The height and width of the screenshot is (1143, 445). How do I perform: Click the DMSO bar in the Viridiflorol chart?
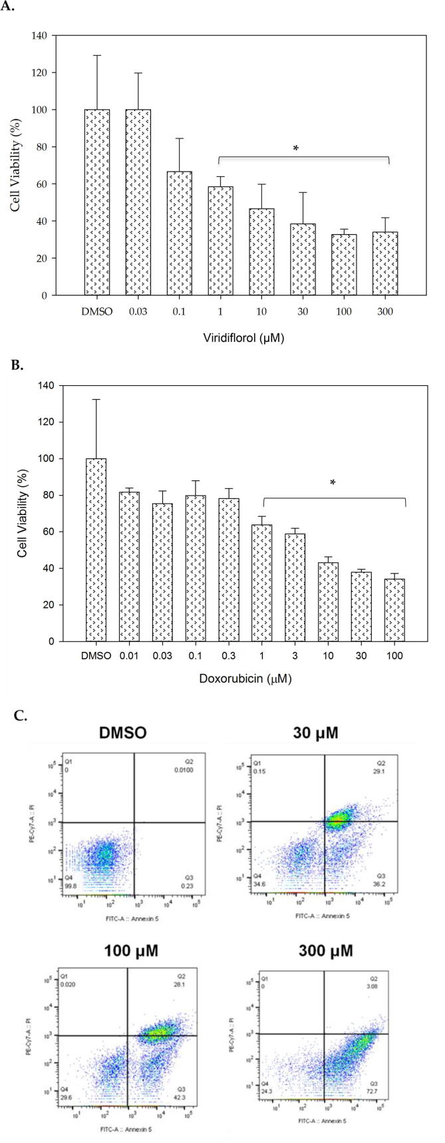coord(97,202)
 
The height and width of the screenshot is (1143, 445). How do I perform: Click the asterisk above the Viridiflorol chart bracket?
coord(296,149)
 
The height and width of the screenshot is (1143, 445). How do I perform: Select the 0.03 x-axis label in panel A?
coord(138,311)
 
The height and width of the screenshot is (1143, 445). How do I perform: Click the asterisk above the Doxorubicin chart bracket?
coord(333,483)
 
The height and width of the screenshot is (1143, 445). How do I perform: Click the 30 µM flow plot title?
coord(315,733)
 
